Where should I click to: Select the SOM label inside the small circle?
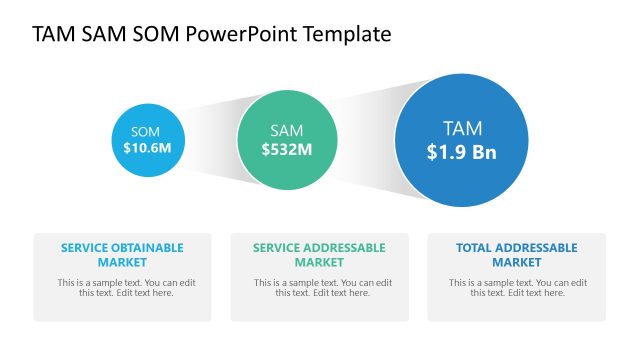(x=145, y=131)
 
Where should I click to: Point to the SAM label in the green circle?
(x=287, y=131)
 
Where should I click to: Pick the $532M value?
(x=287, y=150)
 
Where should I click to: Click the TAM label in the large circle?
(x=462, y=128)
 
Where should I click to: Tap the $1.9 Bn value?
(x=462, y=152)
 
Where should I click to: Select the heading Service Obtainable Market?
(x=122, y=254)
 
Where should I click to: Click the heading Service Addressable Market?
(x=319, y=254)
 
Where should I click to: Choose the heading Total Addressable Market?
(x=516, y=254)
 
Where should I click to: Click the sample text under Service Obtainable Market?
(x=122, y=287)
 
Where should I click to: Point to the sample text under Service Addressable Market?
(x=319, y=287)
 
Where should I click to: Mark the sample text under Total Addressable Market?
(x=516, y=287)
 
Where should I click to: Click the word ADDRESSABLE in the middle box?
(x=347, y=248)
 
